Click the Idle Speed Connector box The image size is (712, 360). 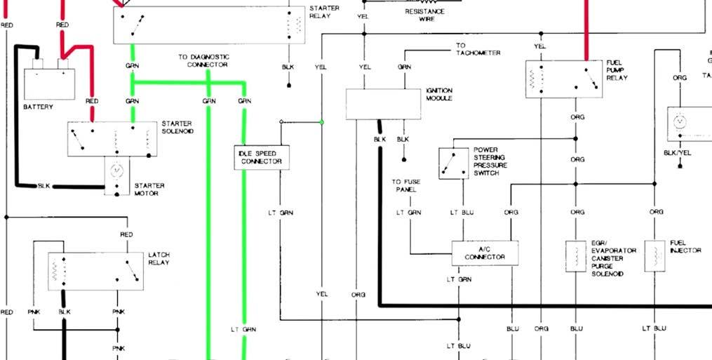(x=262, y=157)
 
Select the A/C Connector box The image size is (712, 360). (x=485, y=253)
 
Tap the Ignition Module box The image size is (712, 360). (x=383, y=104)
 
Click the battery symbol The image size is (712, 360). (x=48, y=83)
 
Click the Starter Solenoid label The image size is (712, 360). (x=177, y=127)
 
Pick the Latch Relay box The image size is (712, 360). (x=95, y=271)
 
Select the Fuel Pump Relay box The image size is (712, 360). (x=564, y=79)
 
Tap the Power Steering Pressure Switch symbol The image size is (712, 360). (x=453, y=163)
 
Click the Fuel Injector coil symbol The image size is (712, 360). (x=654, y=257)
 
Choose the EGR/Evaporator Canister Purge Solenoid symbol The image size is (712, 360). (x=576, y=257)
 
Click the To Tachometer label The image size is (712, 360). (x=478, y=49)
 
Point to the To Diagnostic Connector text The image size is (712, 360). (x=203, y=60)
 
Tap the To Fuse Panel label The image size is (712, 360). (x=405, y=186)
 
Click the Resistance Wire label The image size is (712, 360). (x=424, y=15)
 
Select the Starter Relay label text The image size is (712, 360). (x=324, y=12)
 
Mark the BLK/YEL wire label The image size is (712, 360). (x=678, y=152)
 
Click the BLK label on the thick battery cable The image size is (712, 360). (x=44, y=186)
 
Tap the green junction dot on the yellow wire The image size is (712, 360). (x=322, y=122)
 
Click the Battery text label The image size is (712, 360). (x=38, y=107)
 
